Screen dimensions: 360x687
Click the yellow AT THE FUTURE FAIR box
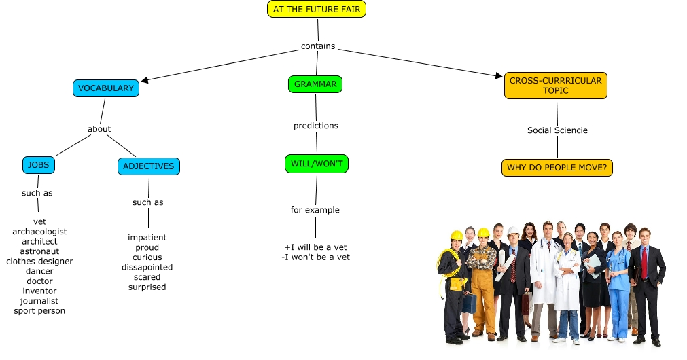click(x=317, y=9)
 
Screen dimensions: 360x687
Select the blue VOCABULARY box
click(x=106, y=88)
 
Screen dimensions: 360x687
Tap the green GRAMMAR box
click(x=315, y=84)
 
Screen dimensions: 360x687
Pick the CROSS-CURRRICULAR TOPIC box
click(x=555, y=86)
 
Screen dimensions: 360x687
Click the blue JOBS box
click(x=39, y=165)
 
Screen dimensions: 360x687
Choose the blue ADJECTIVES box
click(x=148, y=166)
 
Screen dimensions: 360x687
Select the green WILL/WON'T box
click(x=316, y=164)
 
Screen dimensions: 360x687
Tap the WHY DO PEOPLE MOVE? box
click(x=557, y=167)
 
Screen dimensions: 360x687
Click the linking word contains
click(x=318, y=47)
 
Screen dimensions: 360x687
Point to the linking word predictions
click(x=315, y=126)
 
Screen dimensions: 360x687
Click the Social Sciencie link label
click(x=557, y=130)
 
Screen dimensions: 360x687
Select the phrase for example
click(x=315, y=210)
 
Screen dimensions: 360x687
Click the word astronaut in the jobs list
click(x=39, y=251)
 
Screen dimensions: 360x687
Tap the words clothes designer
click(x=39, y=262)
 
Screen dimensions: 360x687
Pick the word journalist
click(x=39, y=301)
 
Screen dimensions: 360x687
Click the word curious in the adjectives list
click(x=147, y=257)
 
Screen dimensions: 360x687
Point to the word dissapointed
click(x=147, y=268)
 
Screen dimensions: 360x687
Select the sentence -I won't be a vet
click(x=315, y=257)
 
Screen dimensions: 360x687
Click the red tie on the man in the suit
click(x=644, y=264)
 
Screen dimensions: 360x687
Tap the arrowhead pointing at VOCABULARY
click(x=145, y=80)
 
